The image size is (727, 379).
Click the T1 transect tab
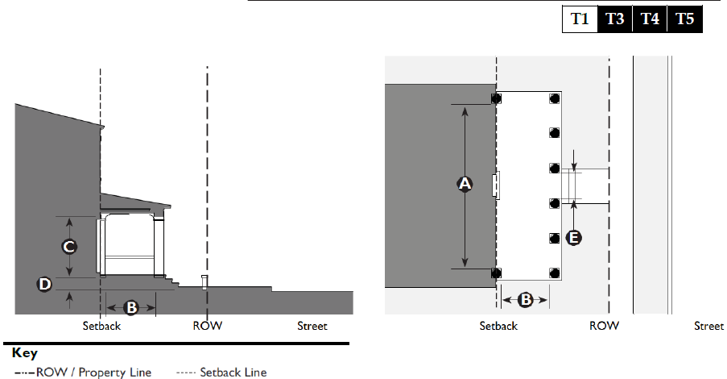580,19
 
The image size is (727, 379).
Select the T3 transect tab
615,19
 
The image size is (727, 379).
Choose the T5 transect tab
685,19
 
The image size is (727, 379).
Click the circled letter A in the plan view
465,185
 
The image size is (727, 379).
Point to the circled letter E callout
573,237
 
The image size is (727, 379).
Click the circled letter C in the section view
70,245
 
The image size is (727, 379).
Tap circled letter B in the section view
130,306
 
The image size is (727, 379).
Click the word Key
25,353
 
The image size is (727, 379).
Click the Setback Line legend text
233,373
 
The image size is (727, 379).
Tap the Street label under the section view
312,327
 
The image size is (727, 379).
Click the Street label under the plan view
709,327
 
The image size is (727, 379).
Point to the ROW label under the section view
207,327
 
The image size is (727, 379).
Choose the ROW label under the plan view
604,327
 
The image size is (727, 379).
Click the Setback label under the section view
102,327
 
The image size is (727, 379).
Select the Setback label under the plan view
498,327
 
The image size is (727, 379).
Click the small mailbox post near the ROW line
204,281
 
